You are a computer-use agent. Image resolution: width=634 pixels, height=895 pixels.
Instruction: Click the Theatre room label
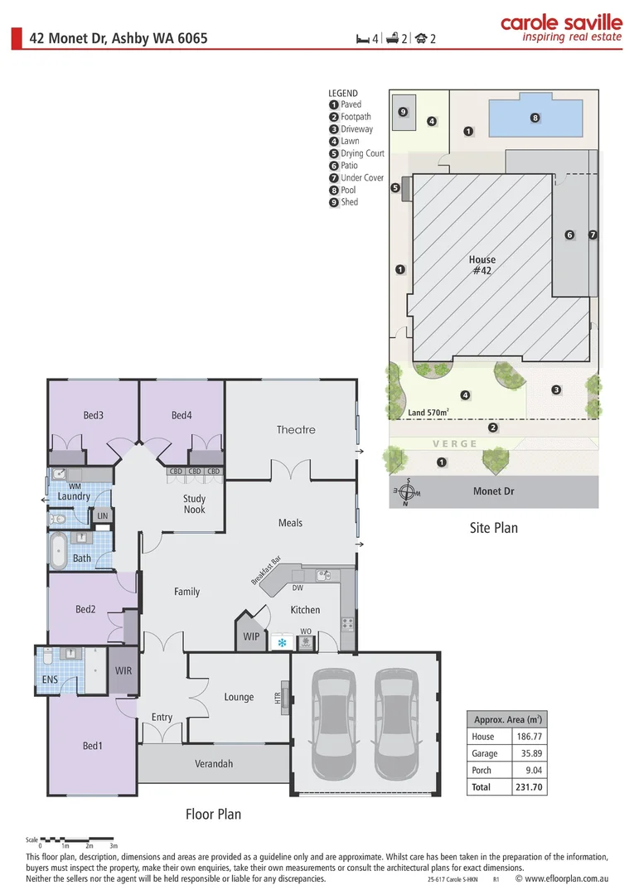[296, 429]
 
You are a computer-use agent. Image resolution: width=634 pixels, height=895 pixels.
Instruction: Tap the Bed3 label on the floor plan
[93, 415]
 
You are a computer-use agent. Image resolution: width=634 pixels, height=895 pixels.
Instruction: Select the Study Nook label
[194, 504]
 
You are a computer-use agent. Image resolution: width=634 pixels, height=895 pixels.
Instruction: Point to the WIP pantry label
[251, 637]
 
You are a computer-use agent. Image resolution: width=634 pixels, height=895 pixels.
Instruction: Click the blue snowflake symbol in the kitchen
[282, 642]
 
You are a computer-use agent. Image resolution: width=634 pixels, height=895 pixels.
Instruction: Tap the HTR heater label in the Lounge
[278, 698]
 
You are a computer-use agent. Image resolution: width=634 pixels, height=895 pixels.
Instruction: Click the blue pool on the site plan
[535, 119]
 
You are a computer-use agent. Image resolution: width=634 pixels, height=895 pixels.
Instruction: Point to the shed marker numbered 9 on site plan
[403, 112]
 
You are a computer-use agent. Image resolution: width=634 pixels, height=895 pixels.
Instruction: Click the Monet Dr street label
[493, 491]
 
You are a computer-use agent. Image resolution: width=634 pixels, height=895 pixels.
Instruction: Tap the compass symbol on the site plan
[407, 492]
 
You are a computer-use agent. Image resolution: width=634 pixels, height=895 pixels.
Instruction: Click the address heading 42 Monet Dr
[119, 38]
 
